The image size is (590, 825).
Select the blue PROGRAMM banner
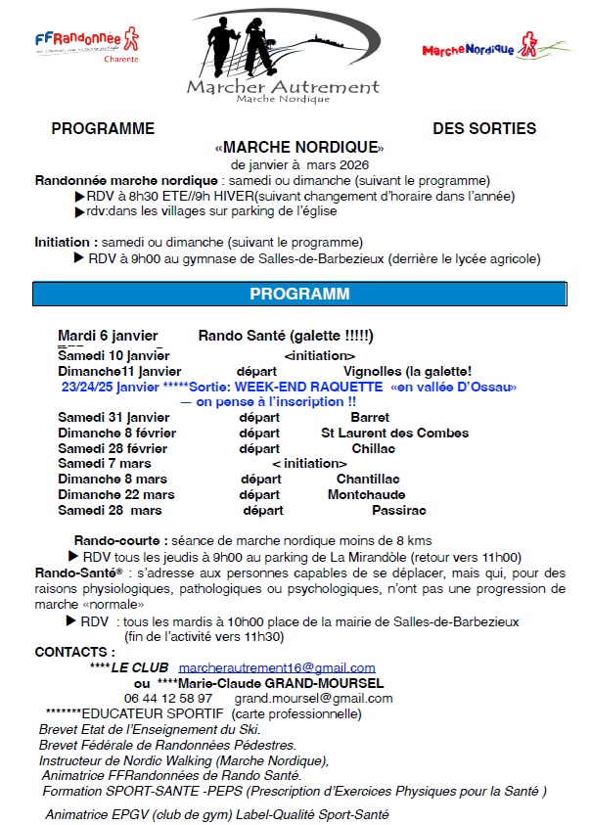click(x=299, y=294)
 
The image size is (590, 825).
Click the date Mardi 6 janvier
click(x=108, y=337)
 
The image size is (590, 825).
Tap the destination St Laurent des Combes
click(x=395, y=433)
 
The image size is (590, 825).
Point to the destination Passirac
click(x=399, y=511)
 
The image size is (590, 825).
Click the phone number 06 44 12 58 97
click(x=168, y=698)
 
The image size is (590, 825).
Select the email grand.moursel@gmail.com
click(x=313, y=698)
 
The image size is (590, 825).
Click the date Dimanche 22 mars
click(x=116, y=495)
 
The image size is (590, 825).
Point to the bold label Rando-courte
click(x=117, y=540)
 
